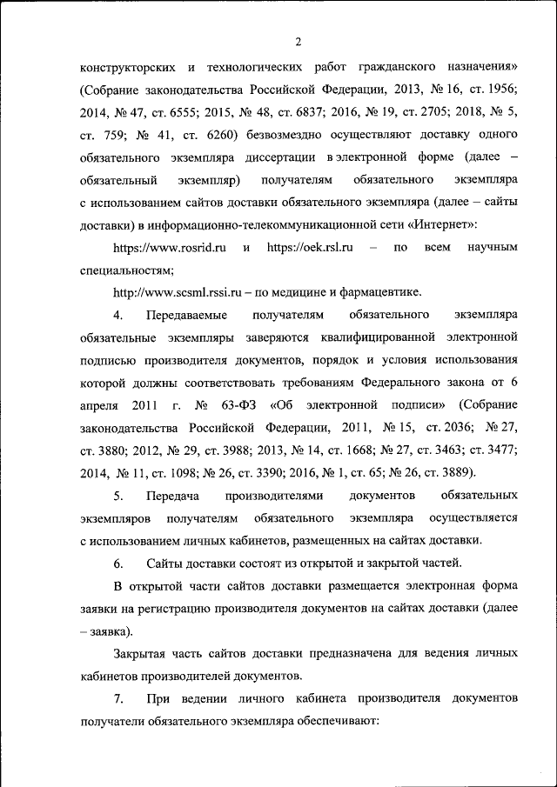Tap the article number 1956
pyautogui.click(x=499, y=90)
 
